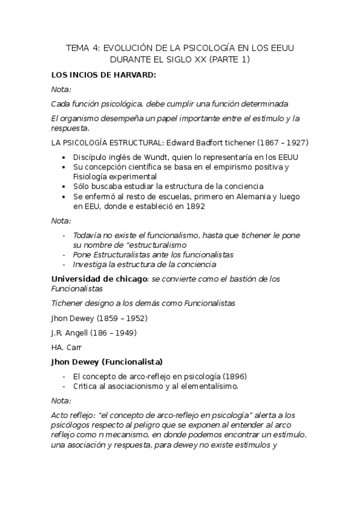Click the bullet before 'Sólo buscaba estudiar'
pos(65,186)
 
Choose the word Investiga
pos(91,264)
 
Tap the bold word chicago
pos(129,279)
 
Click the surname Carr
pos(73,347)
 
